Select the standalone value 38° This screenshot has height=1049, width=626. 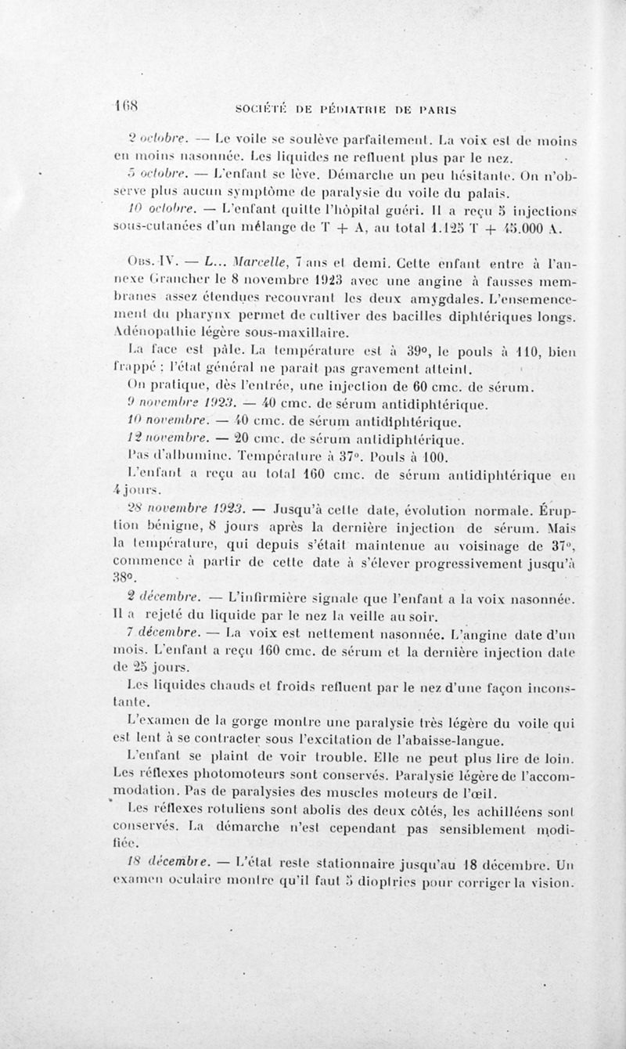coord(124,582)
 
